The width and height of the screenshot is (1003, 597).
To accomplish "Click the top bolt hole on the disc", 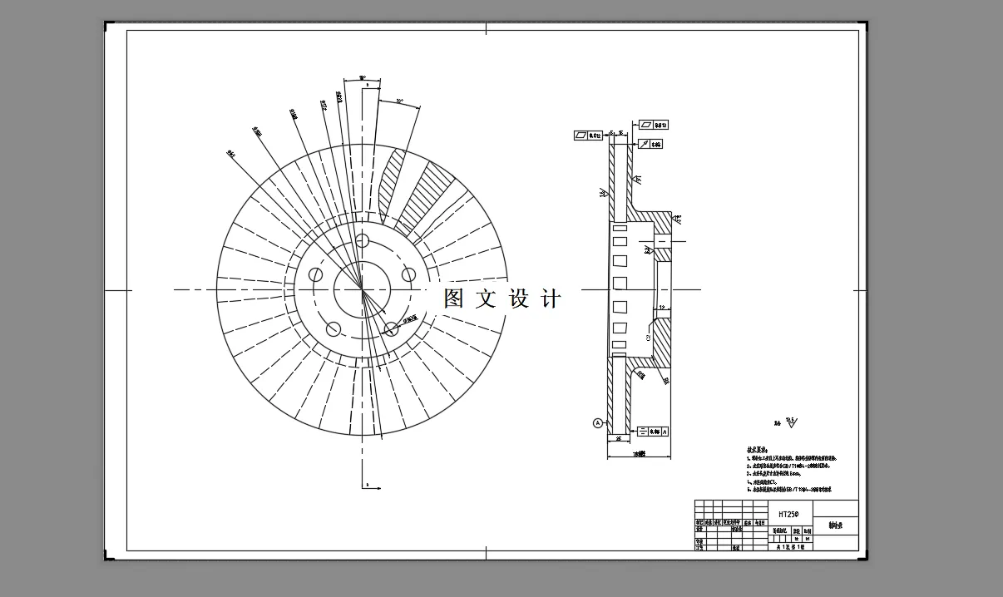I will tap(362, 241).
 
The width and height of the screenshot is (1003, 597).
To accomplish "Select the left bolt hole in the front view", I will tap(315, 274).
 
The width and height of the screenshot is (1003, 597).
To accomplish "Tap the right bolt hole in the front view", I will tap(408, 274).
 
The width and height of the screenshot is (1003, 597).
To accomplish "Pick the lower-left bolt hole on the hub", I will tap(333, 328).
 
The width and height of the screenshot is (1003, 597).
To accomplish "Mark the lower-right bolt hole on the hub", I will tap(391, 328).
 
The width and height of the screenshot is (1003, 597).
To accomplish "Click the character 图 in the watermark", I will tap(453, 298).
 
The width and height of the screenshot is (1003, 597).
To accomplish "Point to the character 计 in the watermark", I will tap(551, 298).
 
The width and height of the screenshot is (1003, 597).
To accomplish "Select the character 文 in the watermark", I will tap(486, 298).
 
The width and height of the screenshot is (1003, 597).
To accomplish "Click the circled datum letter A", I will tap(597, 423).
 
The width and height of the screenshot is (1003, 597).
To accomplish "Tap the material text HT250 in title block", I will tap(787, 515).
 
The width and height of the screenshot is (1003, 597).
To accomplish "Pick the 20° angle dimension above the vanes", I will tap(399, 101).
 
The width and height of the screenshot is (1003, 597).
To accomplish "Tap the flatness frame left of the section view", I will tap(589, 135).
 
